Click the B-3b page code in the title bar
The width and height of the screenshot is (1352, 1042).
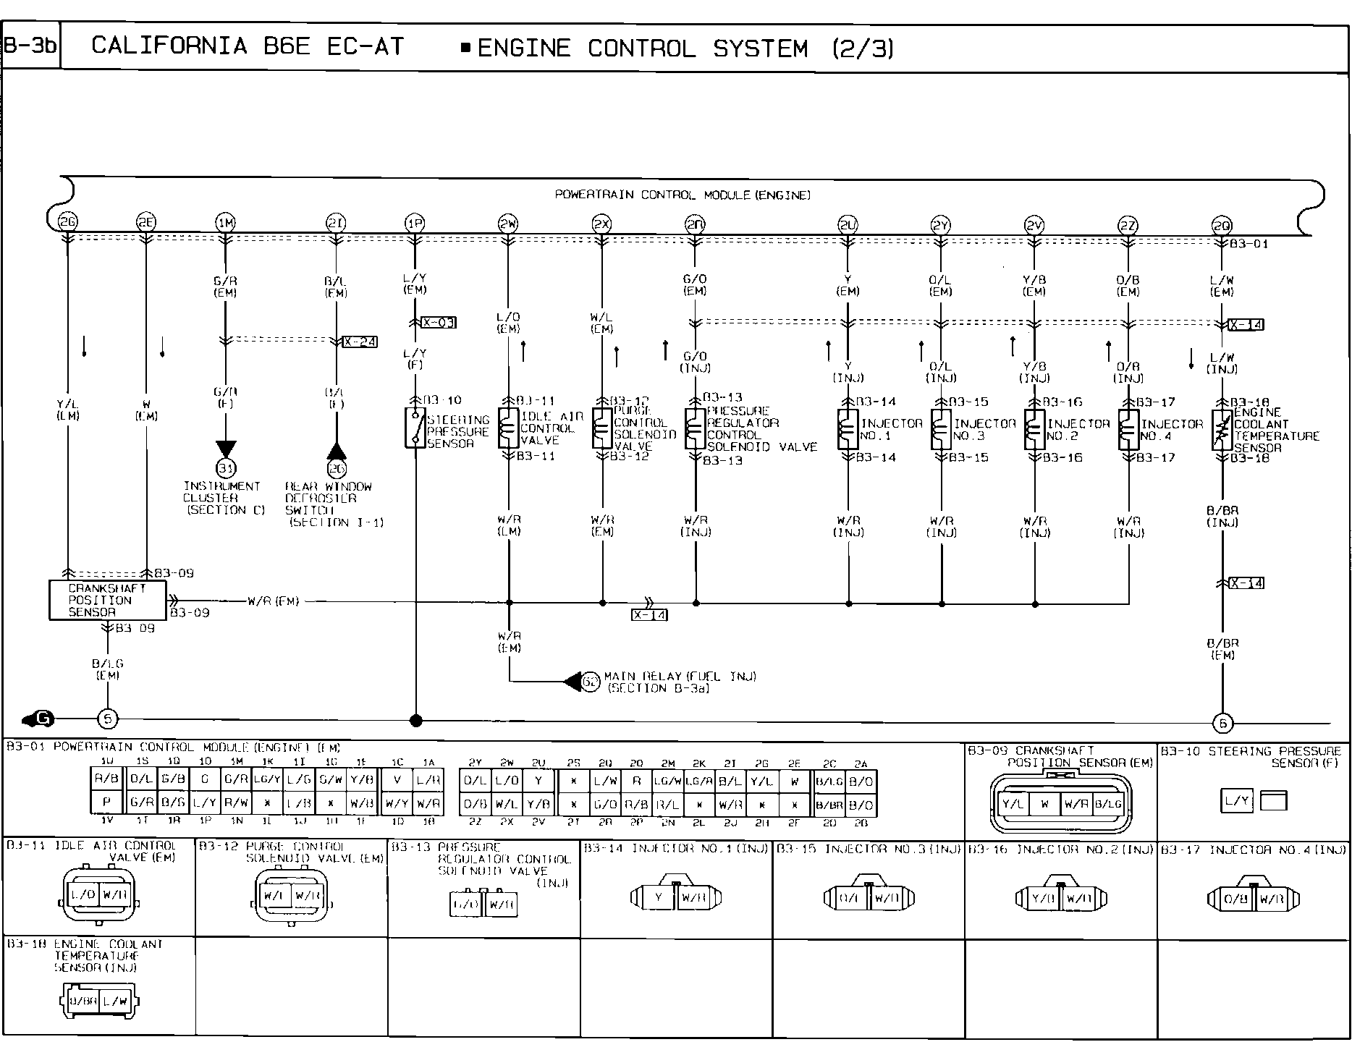coord(30,46)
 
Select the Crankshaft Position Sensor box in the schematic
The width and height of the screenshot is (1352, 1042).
coord(107,600)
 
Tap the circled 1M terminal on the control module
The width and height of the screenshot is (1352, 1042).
coord(226,224)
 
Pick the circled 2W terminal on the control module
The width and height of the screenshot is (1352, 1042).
coord(508,224)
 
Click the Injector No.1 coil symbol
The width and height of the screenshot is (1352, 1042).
coord(848,429)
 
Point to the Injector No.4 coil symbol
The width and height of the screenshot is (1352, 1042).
coord(1128,430)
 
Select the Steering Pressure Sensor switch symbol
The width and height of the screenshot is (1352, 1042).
coord(415,428)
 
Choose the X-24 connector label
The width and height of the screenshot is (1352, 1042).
coord(360,342)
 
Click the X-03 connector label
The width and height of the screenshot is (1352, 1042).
coord(439,323)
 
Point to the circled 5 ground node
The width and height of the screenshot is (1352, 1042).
coord(107,719)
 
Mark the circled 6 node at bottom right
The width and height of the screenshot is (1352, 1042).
coord(1222,722)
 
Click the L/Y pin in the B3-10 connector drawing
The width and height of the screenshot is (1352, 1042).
coord(1237,801)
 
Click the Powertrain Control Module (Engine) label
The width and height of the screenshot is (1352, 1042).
coord(683,195)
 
